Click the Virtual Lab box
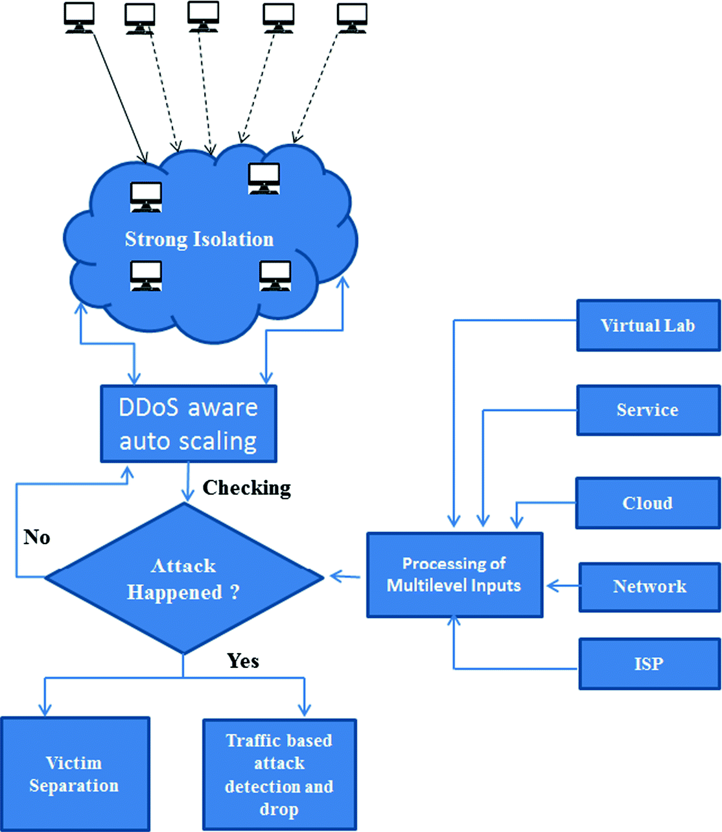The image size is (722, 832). tap(648, 326)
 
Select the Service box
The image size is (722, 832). tap(648, 410)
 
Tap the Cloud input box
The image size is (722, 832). tap(647, 503)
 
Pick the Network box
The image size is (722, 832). tap(649, 587)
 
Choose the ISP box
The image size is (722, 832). tap(649, 664)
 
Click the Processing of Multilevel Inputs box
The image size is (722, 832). tap(454, 575)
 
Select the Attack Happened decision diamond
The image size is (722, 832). tap(183, 578)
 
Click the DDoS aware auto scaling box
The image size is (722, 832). tap(189, 424)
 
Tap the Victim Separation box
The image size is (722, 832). tap(75, 774)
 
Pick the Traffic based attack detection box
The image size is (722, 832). tap(279, 774)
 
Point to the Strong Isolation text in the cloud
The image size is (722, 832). tap(199, 239)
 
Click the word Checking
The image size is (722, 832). tap(247, 488)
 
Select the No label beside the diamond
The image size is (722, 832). tap(37, 537)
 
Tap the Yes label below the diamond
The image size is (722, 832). tap(243, 661)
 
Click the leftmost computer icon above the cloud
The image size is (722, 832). tap(79, 17)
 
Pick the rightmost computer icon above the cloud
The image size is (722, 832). tap(353, 17)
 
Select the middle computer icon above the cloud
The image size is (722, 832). tap(203, 16)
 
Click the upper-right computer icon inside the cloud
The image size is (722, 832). tap(264, 178)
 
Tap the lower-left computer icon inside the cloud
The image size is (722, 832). tap(146, 276)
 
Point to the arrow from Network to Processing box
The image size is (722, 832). tap(563, 586)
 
